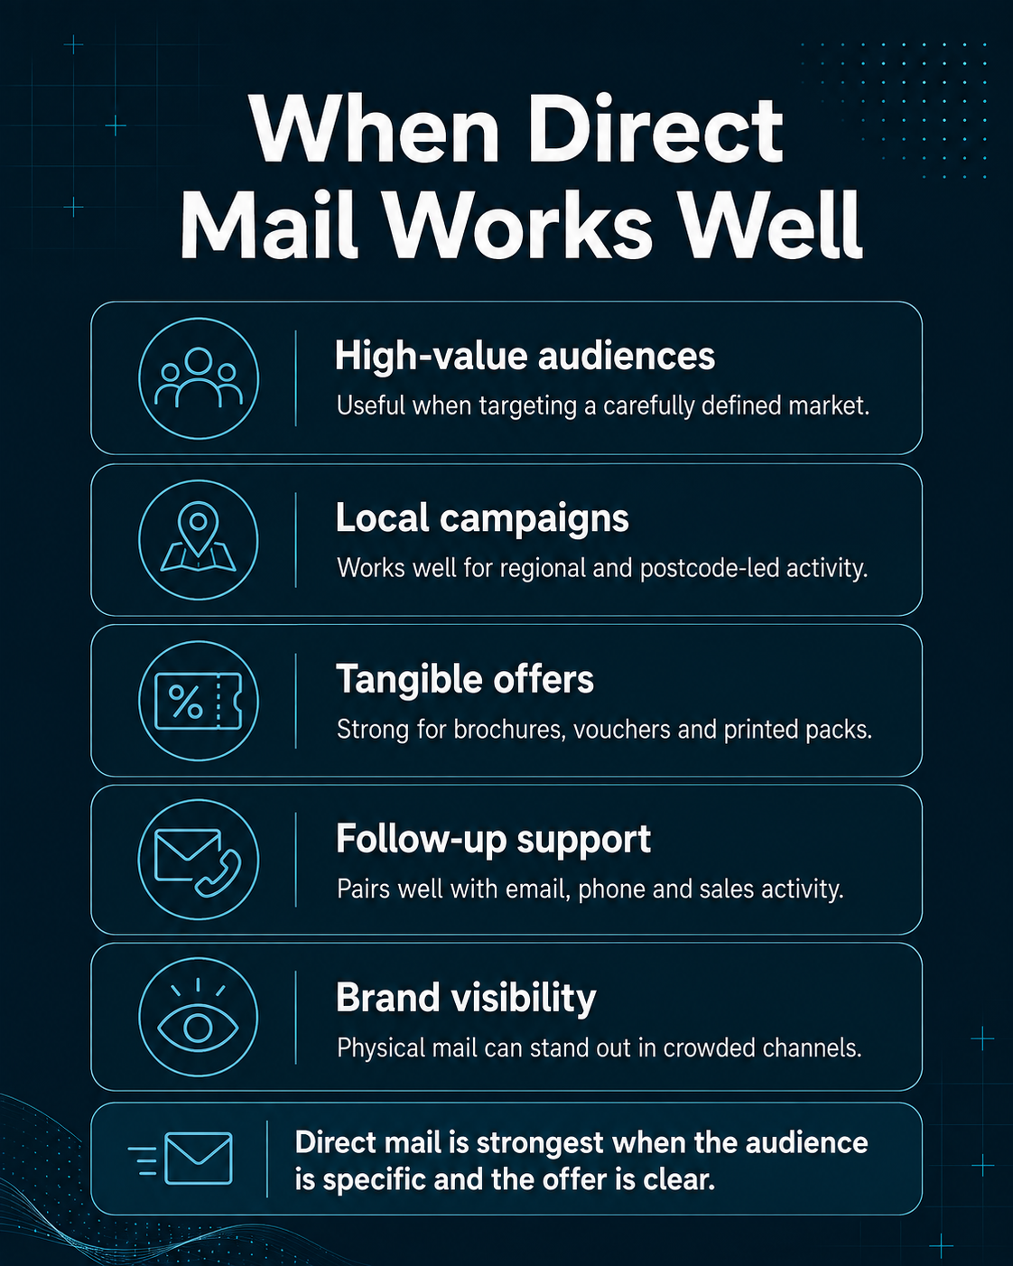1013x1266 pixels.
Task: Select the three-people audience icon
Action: click(199, 377)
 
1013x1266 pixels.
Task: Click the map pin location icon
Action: click(199, 536)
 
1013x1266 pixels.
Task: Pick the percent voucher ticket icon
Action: click(199, 701)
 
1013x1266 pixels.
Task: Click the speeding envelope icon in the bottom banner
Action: click(181, 1159)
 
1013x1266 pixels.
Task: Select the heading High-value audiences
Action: click(525, 357)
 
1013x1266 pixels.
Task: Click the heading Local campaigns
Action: click(482, 519)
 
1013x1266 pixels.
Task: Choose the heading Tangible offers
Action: click(465, 680)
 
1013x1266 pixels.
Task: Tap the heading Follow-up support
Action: click(494, 840)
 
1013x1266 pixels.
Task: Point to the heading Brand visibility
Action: click(466, 999)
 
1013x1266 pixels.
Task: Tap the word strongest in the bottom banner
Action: click(540, 1144)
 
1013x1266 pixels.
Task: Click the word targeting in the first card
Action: click(527, 407)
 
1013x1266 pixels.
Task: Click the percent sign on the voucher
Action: click(186, 702)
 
